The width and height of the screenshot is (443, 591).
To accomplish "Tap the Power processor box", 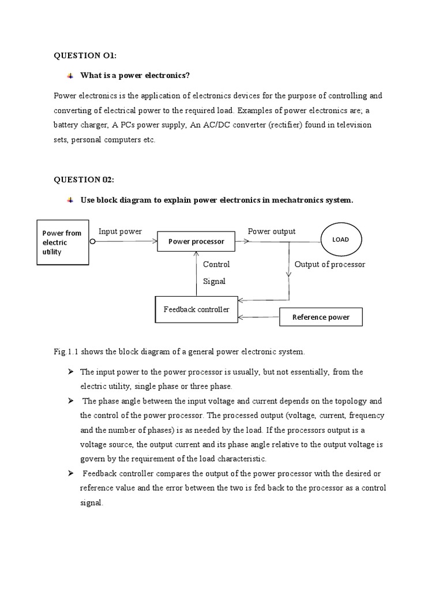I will (196, 241).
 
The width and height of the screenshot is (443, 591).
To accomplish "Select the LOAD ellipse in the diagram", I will (341, 240).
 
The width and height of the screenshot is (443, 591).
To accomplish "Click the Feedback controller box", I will (196, 309).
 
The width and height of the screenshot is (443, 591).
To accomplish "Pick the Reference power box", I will (321, 317).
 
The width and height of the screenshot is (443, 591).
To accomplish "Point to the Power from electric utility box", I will (63, 242).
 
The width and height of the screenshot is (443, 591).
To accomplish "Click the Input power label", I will (120, 231).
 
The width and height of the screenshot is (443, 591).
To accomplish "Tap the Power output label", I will (272, 231).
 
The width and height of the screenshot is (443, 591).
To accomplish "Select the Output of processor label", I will (330, 264).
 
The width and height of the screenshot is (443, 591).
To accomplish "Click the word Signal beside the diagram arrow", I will (214, 282).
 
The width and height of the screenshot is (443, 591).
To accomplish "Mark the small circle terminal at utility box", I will (92, 242).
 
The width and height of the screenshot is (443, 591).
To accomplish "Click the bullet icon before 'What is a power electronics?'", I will (70, 76).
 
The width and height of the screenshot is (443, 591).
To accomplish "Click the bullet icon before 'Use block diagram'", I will (70, 200).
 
